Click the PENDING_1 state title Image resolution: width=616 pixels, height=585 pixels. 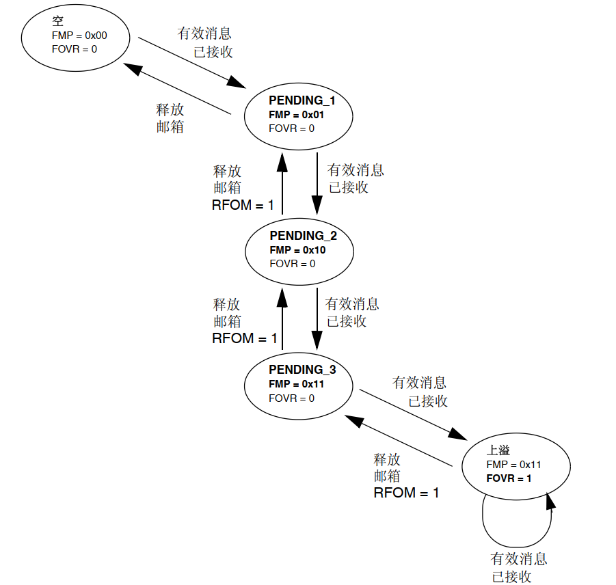[302, 100]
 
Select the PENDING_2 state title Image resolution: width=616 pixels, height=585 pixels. [303, 236]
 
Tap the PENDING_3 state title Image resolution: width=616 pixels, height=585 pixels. [302, 370]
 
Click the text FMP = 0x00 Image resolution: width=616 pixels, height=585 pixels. [79, 35]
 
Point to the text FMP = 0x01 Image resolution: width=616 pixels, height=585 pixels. [296, 114]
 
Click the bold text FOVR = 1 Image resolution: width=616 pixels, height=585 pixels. [509, 478]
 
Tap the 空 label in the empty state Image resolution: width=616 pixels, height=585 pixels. [57, 22]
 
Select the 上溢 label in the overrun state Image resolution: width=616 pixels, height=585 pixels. [498, 450]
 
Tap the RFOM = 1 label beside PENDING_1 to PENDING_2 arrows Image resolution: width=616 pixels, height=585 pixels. [243, 204]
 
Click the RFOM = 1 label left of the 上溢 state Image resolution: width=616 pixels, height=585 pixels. [406, 492]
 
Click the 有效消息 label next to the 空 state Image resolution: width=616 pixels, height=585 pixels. [204, 33]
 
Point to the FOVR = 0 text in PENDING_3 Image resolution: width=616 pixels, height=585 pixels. [292, 398]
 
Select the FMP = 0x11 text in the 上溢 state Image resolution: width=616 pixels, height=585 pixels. [513, 465]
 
